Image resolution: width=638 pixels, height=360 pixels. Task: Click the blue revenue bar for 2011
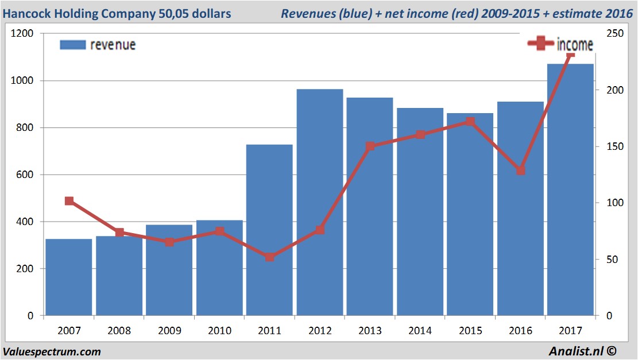pos(269,230)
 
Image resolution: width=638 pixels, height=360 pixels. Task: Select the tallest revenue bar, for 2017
pos(570,189)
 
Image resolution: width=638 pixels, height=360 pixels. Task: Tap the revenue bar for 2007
pos(69,277)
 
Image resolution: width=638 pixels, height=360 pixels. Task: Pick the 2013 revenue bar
pos(370,206)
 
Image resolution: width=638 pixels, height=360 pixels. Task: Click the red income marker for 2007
pos(69,201)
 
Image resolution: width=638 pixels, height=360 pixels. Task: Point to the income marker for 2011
pos(269,257)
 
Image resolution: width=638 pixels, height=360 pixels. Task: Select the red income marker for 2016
pos(521,171)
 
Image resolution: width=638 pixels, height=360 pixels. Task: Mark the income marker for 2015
pos(470,121)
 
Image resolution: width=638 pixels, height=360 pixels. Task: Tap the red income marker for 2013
pos(370,146)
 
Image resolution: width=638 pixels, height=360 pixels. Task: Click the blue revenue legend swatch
pos(73,45)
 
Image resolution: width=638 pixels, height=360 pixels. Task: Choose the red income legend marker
pos(540,43)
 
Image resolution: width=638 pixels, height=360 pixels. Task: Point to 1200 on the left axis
pos(22,33)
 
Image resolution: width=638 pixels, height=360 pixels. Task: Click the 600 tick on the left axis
pos(25,175)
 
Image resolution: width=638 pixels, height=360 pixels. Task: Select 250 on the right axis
pos(615,33)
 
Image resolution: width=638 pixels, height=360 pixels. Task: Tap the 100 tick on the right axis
pos(615,203)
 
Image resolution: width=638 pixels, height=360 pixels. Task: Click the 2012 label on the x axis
pos(320,330)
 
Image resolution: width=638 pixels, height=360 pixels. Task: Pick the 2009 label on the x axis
pos(169,330)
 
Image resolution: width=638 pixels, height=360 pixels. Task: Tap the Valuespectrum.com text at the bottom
pos(52,351)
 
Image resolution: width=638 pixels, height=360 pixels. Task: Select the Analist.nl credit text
pos(582,351)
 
